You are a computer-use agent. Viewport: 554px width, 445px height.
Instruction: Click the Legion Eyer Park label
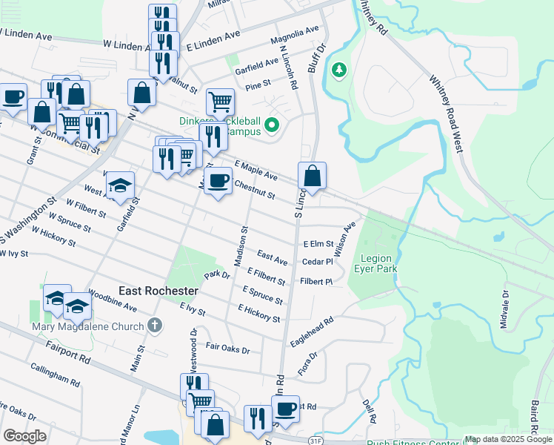tap(378, 264)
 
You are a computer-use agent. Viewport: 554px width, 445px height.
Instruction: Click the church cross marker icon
tap(154, 325)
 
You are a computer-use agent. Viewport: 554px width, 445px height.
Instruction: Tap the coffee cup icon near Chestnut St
tap(218, 179)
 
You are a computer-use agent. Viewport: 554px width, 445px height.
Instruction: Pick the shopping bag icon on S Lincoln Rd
tap(313, 176)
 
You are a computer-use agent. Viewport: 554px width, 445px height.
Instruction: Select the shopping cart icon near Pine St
tap(220, 102)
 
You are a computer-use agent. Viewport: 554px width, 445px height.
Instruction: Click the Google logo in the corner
tap(24, 436)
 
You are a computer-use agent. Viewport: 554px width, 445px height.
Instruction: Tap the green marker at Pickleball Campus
tap(272, 125)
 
